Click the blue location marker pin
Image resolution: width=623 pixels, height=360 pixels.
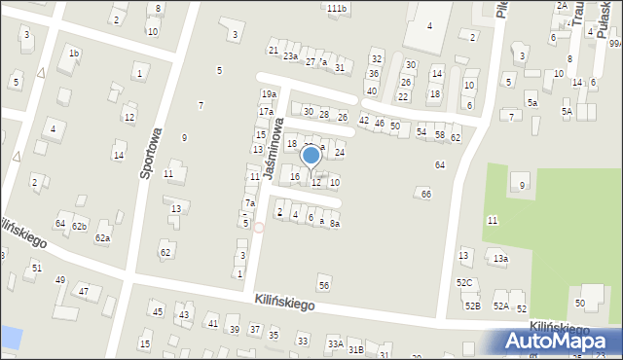pos(311,156)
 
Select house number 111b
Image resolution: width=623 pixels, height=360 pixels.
pos(336,8)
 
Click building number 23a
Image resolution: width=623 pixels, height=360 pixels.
pos(290,56)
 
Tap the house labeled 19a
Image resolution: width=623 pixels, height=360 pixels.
pos(269,93)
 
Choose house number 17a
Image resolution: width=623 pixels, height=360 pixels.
pos(266,112)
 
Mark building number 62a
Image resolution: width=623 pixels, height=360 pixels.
pos(101,237)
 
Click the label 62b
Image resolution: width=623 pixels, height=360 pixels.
pos(79,226)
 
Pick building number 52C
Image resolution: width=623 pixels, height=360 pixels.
pos(464,283)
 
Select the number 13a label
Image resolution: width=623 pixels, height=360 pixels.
pos(499,259)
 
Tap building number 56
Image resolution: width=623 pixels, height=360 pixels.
pos(324,284)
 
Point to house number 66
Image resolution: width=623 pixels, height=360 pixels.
pos(425,195)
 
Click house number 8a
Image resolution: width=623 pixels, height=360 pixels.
pos(334,224)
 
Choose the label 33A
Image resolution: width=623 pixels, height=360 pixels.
pos(334,343)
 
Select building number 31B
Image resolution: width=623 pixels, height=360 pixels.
pos(355,349)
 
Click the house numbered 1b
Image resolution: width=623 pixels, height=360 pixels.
pos(74,53)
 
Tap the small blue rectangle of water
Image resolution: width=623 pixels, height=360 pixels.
pos(11,339)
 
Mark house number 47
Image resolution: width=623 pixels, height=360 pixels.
pos(84,291)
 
